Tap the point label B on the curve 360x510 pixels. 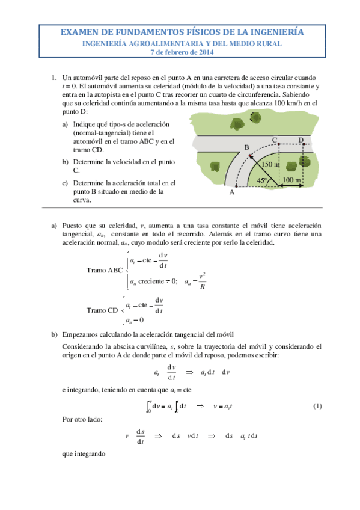coord(246,147)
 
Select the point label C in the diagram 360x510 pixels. coord(274,140)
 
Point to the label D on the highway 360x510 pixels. coord(301,140)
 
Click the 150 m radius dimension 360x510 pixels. coord(271,164)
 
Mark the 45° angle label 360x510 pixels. coord(262,180)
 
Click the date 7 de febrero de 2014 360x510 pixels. coord(180,52)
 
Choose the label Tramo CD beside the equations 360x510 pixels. coord(102,310)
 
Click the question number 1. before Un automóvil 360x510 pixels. coord(54,78)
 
